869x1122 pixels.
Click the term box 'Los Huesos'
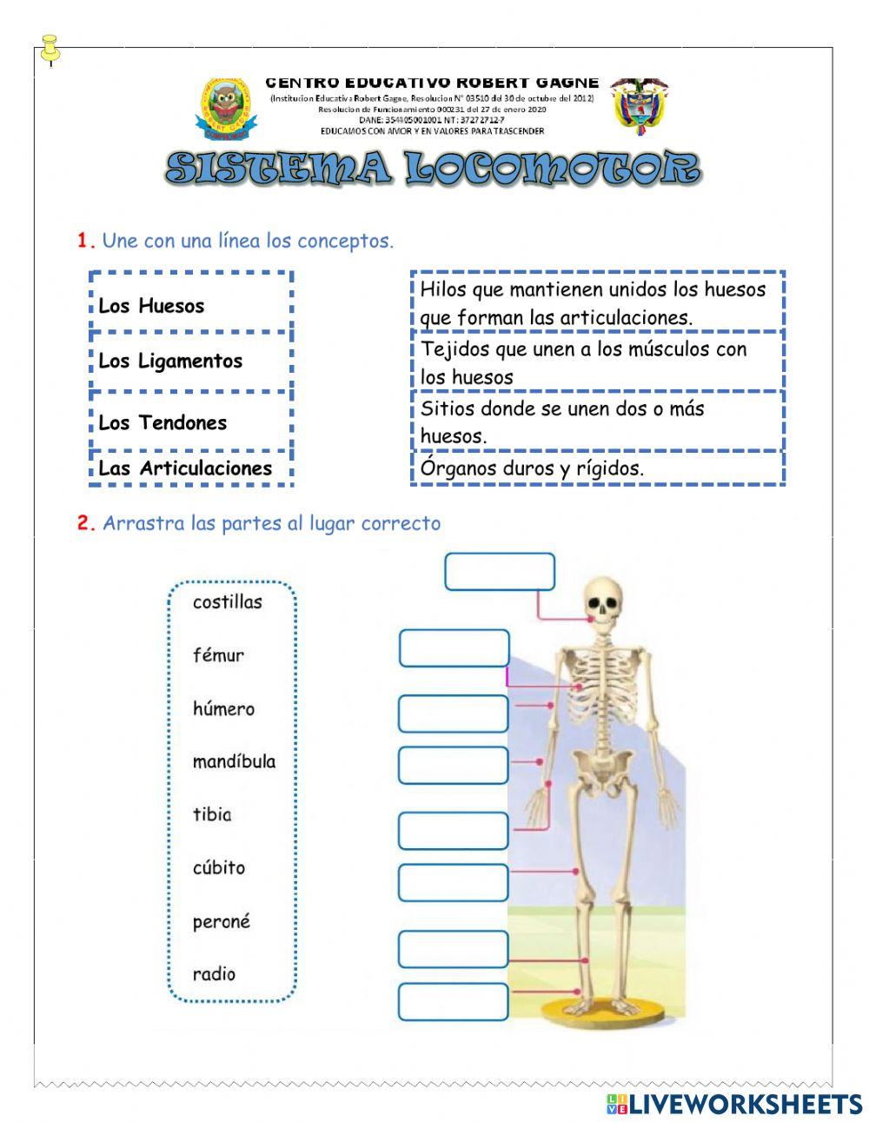(190, 304)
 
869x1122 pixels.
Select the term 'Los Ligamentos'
(190, 361)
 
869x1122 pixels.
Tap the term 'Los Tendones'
(190, 422)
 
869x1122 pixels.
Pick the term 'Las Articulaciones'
(190, 468)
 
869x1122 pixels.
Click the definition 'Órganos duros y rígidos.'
(597, 468)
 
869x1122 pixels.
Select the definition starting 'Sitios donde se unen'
(597, 422)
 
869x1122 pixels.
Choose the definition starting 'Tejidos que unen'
(597, 362)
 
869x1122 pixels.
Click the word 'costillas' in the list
(228, 601)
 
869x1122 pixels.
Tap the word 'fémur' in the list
(219, 655)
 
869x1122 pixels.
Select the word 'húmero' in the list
(224, 708)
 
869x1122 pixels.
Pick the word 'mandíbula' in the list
(234, 761)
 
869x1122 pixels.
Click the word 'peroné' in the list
(222, 921)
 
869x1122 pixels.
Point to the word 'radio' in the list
(215, 974)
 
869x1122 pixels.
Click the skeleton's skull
(600, 599)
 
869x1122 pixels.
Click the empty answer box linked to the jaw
(500, 572)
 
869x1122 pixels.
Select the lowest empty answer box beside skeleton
(453, 1002)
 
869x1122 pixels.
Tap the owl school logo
(226, 108)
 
